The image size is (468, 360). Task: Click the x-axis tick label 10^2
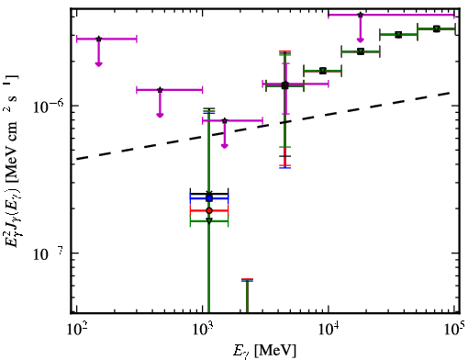[x=76, y=330]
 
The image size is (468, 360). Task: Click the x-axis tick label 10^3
[x=203, y=330]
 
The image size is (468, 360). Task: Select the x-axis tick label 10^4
[x=329, y=330]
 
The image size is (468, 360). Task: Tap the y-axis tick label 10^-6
[x=48, y=106]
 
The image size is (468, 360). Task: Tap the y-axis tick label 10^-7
[x=48, y=253]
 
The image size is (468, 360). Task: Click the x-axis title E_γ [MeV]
[x=264, y=351]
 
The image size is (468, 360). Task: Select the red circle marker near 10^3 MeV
[x=209, y=210]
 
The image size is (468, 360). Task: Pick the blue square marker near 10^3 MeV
[x=209, y=198]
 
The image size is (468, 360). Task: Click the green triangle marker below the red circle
[x=209, y=220]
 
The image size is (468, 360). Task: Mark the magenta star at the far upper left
[x=98, y=39]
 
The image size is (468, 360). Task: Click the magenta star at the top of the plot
[x=361, y=15]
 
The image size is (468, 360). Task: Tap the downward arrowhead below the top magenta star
[x=361, y=40]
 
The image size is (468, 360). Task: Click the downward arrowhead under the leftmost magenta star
[x=98, y=64]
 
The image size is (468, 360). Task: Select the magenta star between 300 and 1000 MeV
[x=160, y=90]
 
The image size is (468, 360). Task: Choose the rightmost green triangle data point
[x=437, y=28]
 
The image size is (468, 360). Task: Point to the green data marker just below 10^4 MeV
[x=323, y=71]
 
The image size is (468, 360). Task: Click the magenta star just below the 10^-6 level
[x=225, y=120]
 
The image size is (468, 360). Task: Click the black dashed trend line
[x=263, y=126]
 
